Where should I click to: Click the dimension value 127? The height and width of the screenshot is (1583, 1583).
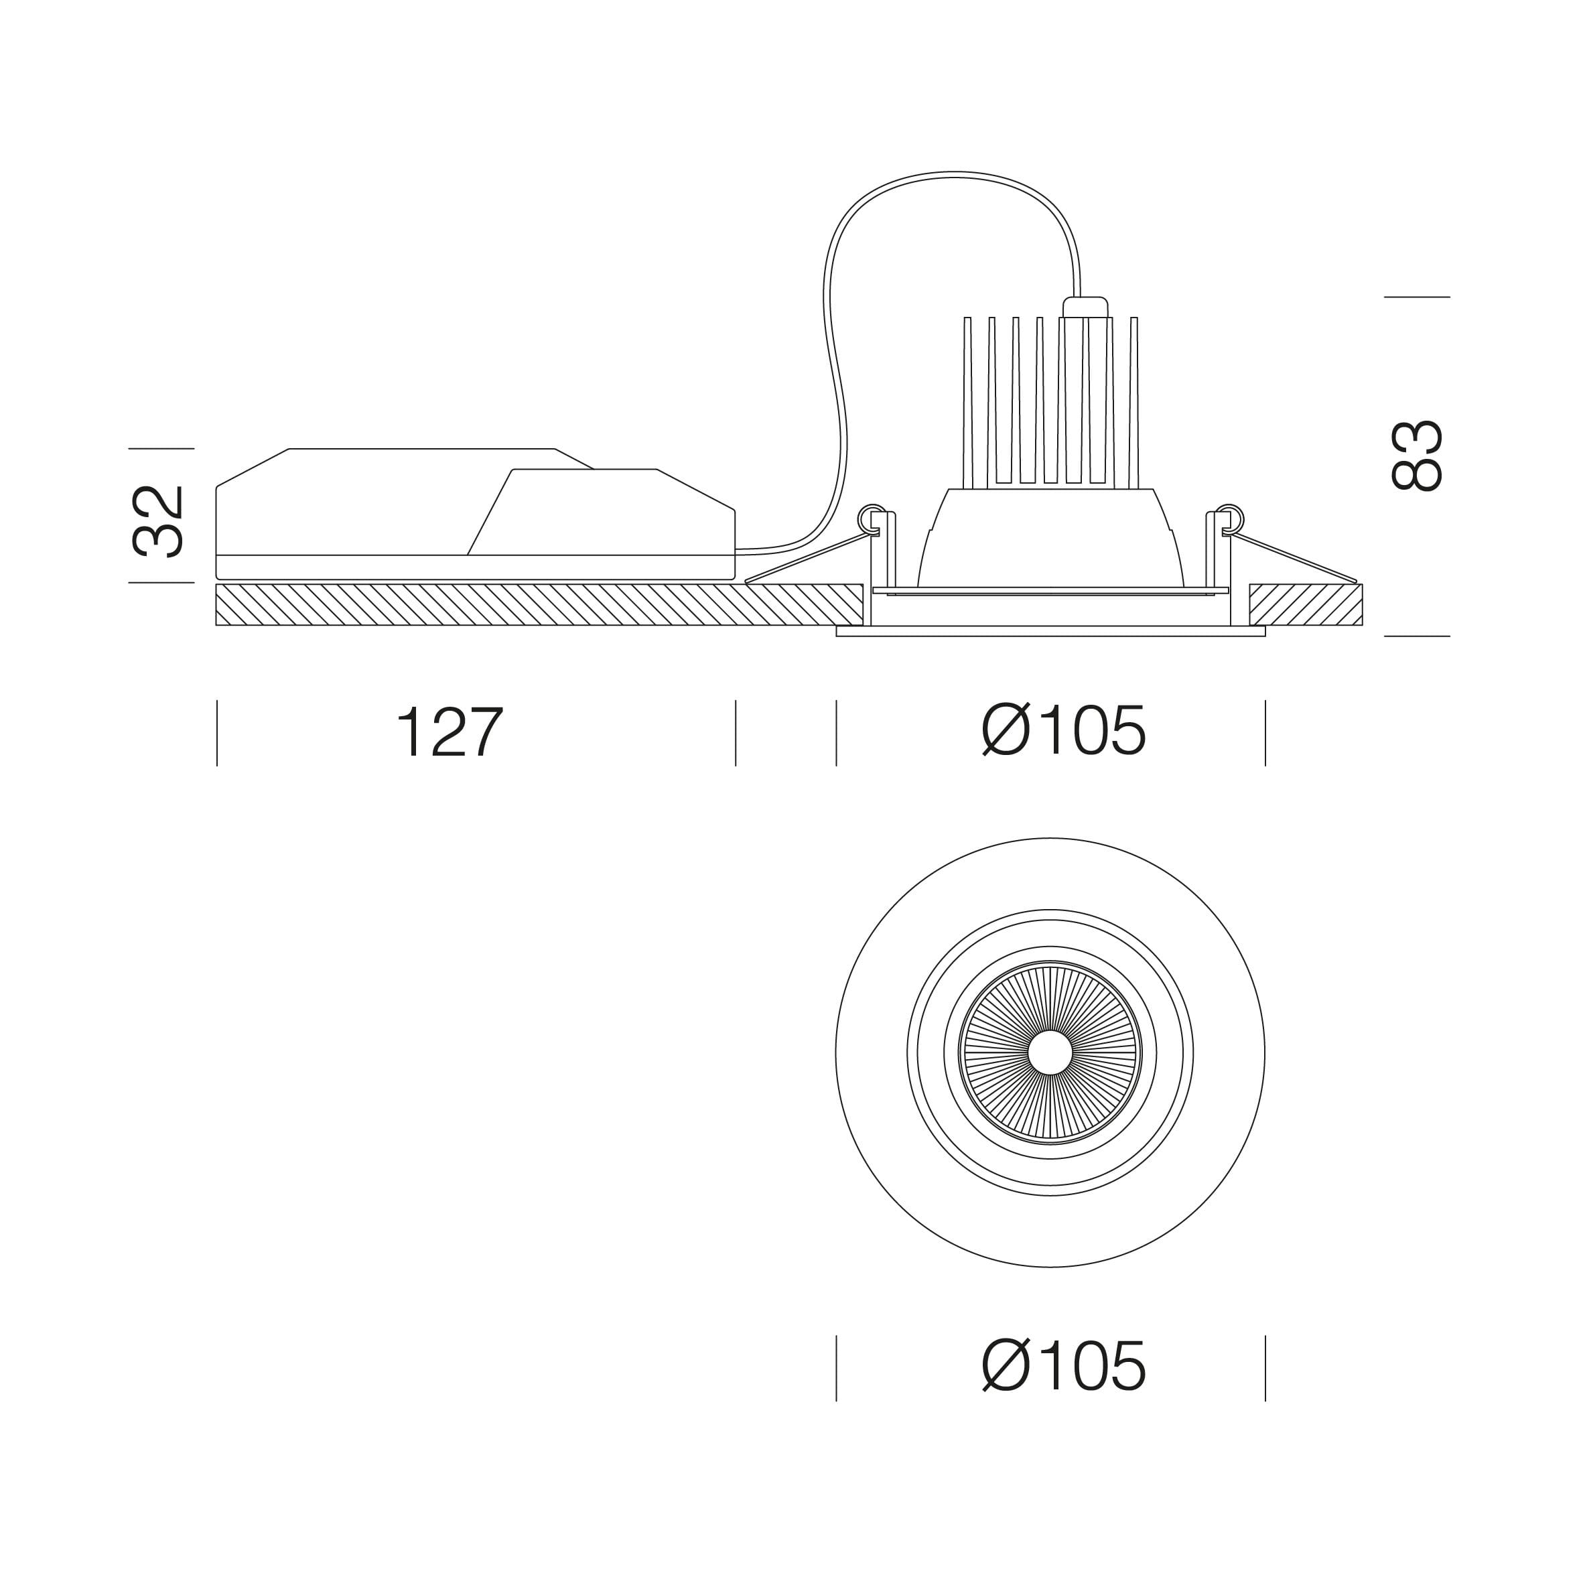pos(450,732)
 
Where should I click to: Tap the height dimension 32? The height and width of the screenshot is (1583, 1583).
pos(159,522)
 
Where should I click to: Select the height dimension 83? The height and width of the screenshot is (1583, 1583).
pos(1417,456)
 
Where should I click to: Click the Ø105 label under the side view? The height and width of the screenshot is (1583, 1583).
pos(1064,730)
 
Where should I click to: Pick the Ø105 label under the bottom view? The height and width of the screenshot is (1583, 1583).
pos(1064,1365)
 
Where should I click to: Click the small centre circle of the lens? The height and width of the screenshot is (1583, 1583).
pos(1050,1053)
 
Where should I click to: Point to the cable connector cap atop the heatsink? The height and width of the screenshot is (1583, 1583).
pos(1085,307)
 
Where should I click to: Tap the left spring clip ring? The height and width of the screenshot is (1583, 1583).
pos(871,519)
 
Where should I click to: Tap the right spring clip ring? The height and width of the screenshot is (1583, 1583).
pos(1230,519)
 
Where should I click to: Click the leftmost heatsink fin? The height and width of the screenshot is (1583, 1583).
pos(967,403)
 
